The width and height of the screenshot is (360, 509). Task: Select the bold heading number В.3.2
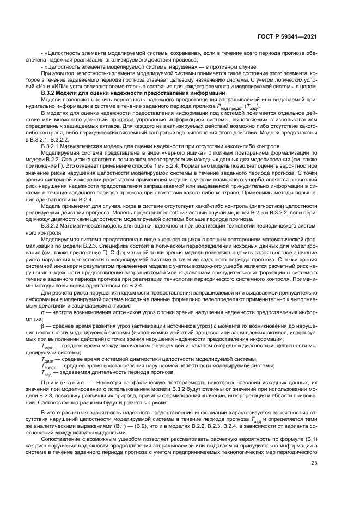click(x=49, y=94)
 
